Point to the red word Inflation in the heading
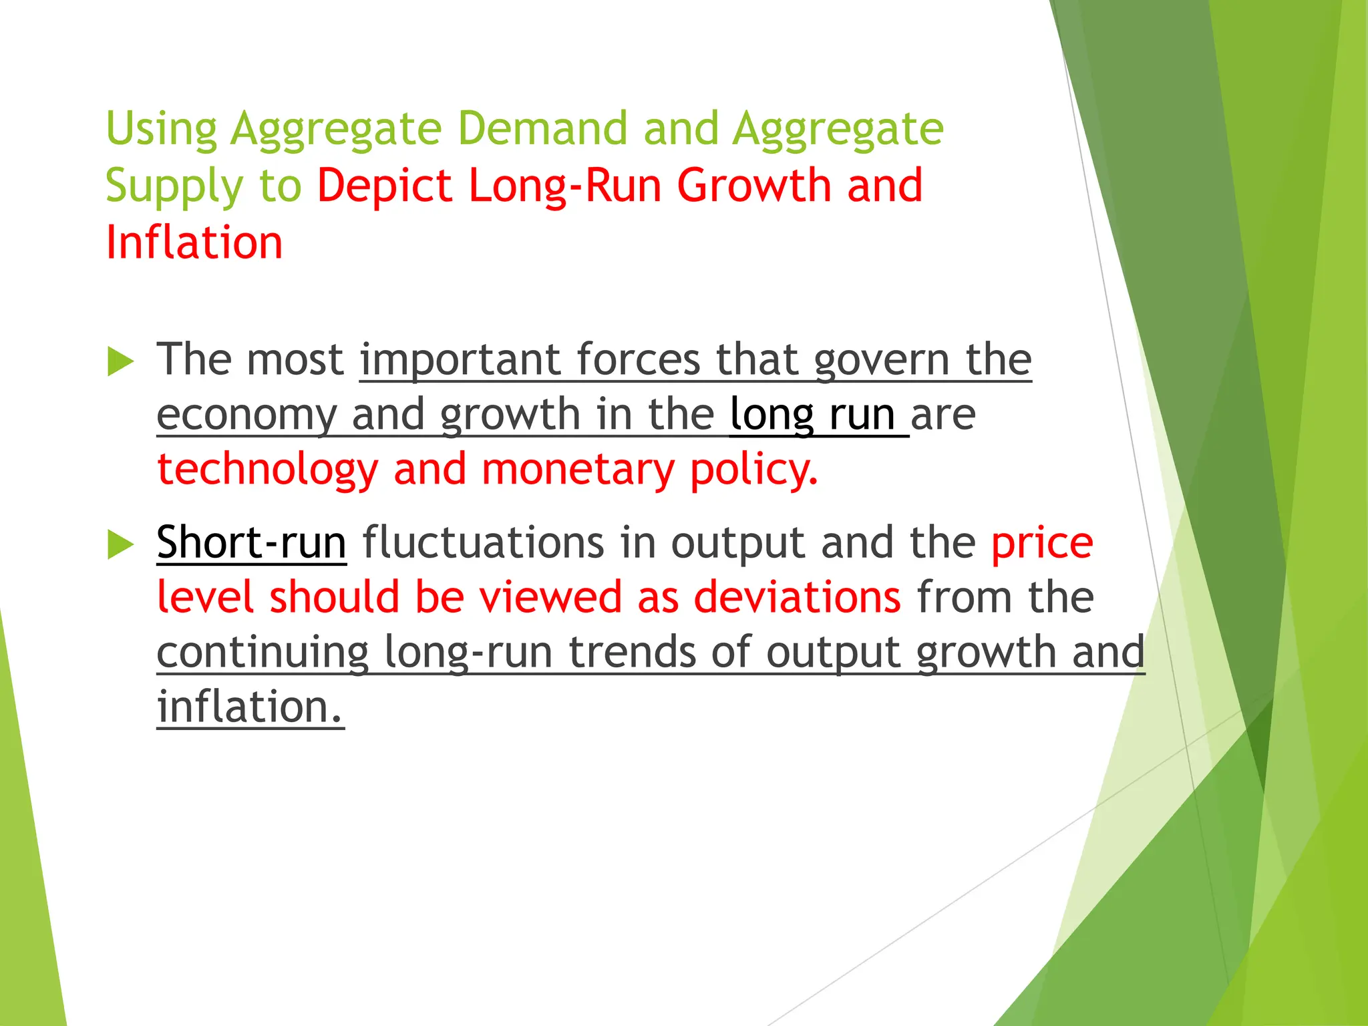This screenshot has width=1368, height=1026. coord(194,242)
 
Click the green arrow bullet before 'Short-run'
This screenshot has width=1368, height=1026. coord(120,544)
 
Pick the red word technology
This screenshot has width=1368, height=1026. coord(268,470)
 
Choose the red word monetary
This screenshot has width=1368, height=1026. coord(578,470)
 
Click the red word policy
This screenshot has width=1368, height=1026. coord(753,470)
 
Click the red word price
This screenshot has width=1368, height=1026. coord(1041,543)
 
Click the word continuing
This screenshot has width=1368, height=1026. coord(263,653)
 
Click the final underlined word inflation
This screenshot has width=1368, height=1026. coord(250,706)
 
